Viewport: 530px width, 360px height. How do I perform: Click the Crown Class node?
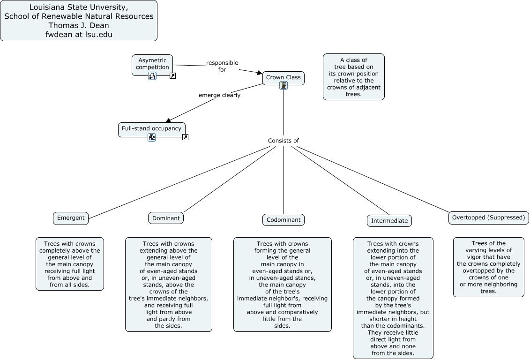click(x=283, y=77)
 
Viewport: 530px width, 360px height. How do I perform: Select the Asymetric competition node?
click(x=152, y=64)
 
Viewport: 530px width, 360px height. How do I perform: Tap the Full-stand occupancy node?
click(x=151, y=128)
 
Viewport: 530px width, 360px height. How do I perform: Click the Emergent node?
click(x=71, y=218)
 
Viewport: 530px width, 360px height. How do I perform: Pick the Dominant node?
click(x=166, y=218)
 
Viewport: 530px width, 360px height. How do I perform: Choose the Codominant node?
click(x=284, y=220)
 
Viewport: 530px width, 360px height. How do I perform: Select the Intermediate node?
click(x=389, y=221)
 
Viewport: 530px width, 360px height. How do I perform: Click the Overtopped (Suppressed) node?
click(x=488, y=217)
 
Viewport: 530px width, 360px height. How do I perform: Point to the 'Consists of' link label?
click(x=283, y=141)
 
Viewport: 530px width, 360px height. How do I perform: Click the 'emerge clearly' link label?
click(x=219, y=95)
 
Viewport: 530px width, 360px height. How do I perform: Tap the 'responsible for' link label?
click(x=222, y=66)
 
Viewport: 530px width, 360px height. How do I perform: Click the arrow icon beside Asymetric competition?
click(x=172, y=75)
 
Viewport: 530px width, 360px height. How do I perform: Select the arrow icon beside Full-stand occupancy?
click(x=185, y=137)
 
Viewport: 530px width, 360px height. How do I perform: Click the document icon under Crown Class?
click(x=284, y=85)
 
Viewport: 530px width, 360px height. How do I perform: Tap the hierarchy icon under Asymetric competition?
click(x=152, y=76)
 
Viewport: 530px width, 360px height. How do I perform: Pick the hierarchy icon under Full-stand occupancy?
click(x=151, y=137)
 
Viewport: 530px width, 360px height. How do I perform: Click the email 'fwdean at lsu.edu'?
click(x=79, y=34)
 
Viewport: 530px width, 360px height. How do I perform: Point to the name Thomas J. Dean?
click(x=79, y=25)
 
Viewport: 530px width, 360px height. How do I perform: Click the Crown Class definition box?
click(x=353, y=77)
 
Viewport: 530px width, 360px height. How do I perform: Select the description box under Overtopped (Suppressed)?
click(x=488, y=267)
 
